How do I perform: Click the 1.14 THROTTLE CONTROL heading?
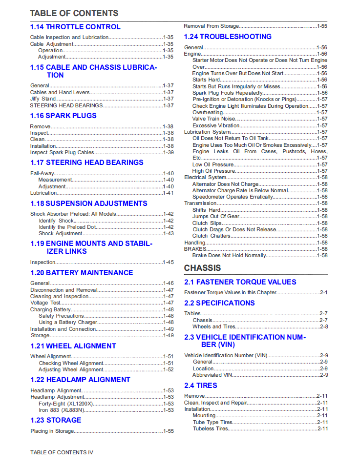coord(75,27)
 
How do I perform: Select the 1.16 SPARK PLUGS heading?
coord(64,116)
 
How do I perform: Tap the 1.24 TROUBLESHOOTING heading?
coord(228,37)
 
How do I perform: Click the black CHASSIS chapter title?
coord(202,268)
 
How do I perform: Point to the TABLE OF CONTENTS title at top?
coord(74,13)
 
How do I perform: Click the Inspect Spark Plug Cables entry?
coord(62,152)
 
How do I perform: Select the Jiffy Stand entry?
coord(43,99)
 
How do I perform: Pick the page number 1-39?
coord(168,152)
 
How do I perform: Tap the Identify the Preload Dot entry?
coord(66,227)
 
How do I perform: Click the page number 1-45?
coord(168,262)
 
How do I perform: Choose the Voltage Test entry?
coord(45,303)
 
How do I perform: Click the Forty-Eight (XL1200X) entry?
coord(65,404)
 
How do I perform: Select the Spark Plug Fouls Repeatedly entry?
coord(227,93)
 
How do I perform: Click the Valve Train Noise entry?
coord(214,119)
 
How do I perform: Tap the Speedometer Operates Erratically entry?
coord(233,197)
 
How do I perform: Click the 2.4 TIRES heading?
coord(201,386)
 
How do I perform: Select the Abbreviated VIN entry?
coord(212,375)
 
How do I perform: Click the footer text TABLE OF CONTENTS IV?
coord(62,452)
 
